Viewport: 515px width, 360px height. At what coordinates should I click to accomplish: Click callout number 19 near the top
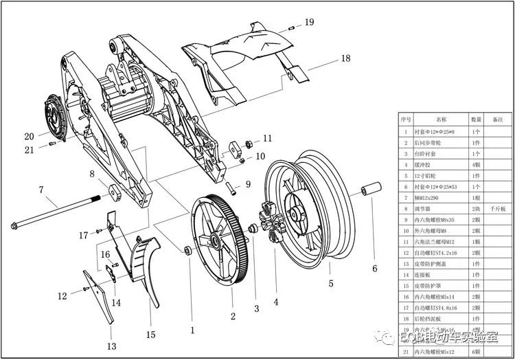tap(310, 23)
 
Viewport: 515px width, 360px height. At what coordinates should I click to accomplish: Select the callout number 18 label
tap(345, 59)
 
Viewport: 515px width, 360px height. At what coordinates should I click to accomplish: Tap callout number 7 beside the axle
tap(41, 190)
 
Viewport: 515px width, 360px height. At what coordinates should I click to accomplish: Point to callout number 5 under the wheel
tap(331, 283)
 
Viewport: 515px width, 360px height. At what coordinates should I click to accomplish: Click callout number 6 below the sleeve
tap(375, 269)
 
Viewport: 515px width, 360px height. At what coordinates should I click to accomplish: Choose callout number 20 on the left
tap(29, 135)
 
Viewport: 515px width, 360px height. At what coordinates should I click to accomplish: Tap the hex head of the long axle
tap(15, 225)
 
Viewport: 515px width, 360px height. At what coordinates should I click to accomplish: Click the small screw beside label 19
tap(292, 27)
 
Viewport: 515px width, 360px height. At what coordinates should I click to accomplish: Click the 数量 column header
tap(476, 120)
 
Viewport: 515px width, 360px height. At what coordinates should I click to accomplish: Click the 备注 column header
tap(498, 120)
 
